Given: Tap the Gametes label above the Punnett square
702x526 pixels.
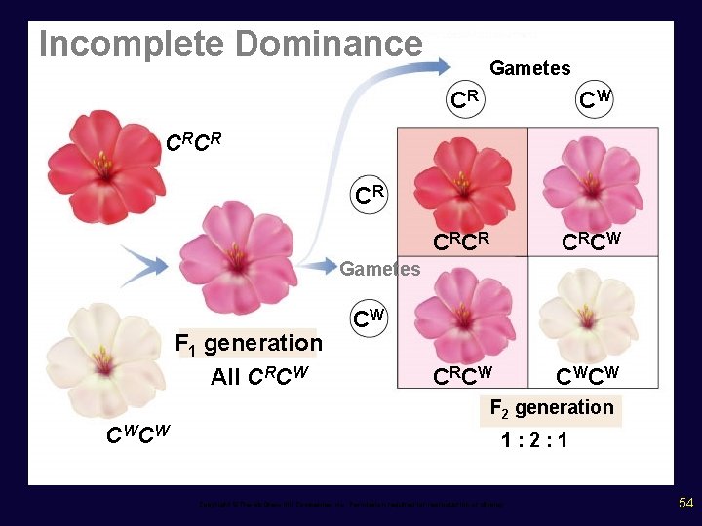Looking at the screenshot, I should [529, 67].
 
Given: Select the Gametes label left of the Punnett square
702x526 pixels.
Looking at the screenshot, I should [379, 268].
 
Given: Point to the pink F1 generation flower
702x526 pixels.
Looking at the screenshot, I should [239, 255].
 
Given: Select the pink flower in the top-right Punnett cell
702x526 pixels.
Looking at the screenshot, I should [589, 186].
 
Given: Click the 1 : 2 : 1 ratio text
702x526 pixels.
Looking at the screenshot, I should [534, 440].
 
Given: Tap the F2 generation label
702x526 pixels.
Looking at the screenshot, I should [551, 407].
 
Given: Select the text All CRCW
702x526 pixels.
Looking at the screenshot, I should [260, 375].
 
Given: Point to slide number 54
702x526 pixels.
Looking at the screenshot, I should [685, 503].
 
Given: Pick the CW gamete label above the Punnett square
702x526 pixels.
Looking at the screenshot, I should [595, 98].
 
